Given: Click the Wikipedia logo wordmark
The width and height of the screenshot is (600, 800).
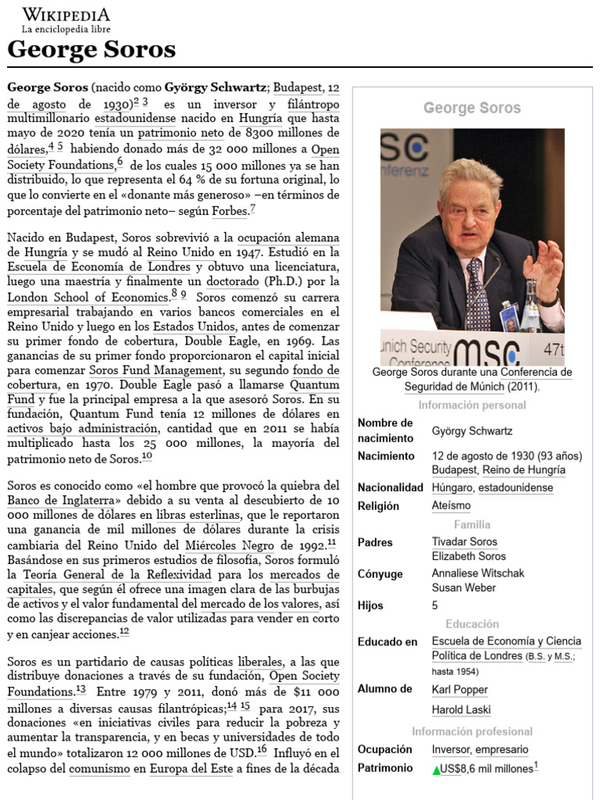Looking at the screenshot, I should [66, 15].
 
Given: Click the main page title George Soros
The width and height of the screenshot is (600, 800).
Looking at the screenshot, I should [91, 50].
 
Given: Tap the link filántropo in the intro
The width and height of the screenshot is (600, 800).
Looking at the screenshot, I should [313, 104].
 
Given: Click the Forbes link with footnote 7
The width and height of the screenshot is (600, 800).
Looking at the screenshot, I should [229, 211].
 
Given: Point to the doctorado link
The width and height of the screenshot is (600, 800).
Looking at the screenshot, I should [234, 280].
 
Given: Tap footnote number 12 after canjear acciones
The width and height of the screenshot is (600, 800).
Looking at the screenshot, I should [124, 632].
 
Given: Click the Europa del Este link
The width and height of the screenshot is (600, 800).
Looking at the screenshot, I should [191, 770].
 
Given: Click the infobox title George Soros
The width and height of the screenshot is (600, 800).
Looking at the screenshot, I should [472, 108].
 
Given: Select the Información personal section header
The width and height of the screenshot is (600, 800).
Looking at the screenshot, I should [472, 405].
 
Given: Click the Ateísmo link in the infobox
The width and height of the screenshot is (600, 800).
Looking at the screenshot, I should [451, 505].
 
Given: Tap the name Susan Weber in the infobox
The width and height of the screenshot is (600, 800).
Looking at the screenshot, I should [463, 587].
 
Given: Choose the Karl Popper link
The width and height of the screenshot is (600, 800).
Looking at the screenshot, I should [459, 689].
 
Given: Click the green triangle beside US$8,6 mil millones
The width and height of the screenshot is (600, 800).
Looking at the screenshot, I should [436, 770].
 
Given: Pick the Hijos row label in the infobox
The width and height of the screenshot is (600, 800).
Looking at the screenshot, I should [370, 605].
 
